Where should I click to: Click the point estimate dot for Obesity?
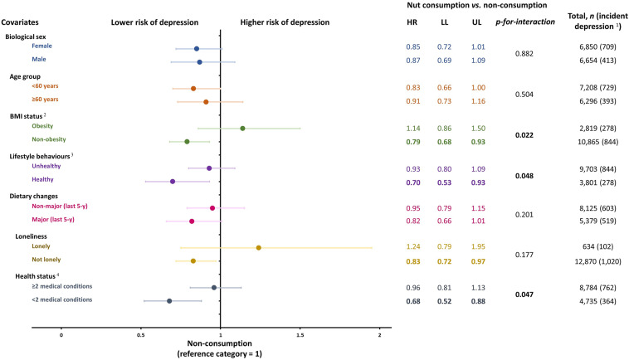[242, 129]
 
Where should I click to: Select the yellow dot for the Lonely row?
[259, 247]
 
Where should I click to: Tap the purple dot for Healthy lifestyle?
[173, 181]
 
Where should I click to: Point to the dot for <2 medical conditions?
[169, 300]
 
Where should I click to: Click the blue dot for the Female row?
[197, 49]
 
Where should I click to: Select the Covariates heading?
[26, 22]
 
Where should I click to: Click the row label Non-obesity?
[50, 140]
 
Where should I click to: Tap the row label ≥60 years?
[46, 100]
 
